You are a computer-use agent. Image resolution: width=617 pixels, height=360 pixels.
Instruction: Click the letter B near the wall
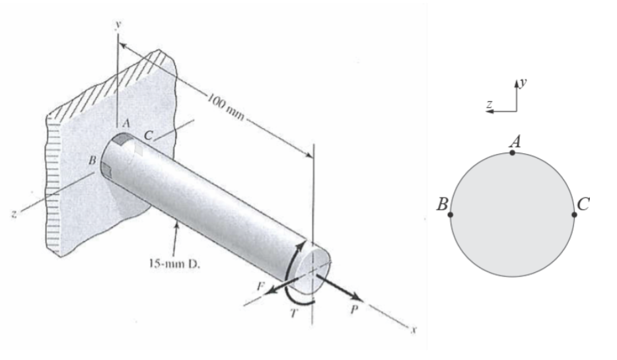click(92, 160)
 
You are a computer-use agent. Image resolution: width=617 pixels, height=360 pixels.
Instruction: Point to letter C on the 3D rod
click(148, 135)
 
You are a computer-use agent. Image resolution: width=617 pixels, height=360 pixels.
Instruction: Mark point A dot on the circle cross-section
click(513, 153)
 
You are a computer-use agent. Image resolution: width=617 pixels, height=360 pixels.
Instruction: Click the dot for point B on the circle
click(451, 214)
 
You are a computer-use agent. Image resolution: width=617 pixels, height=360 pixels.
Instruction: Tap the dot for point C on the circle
click(574, 214)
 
